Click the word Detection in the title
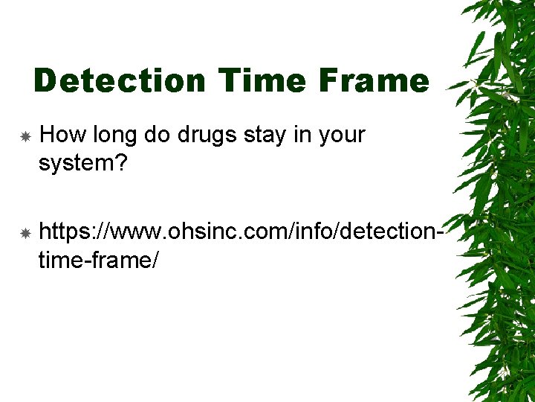(x=119, y=80)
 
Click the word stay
(x=263, y=136)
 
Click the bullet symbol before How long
(x=25, y=137)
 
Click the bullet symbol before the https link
(x=25, y=234)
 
